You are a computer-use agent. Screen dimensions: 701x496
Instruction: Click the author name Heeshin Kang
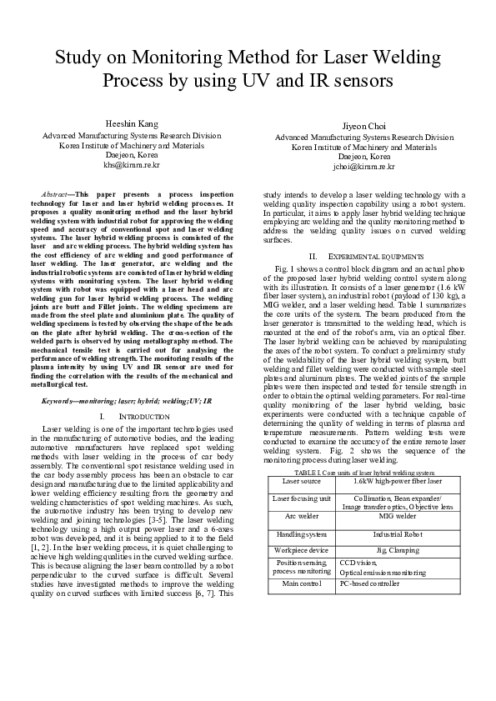click(x=132, y=124)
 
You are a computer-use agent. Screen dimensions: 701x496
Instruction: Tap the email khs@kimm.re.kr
click(x=132, y=165)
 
